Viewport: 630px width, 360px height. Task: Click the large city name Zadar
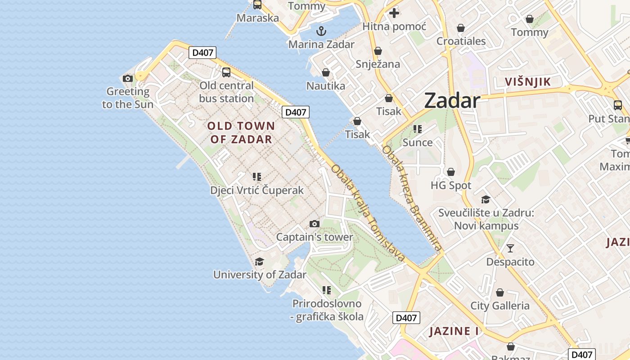tap(452, 100)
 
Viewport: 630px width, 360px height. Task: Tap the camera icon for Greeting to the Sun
tap(128, 79)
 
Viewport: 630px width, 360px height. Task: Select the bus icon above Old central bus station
tap(226, 72)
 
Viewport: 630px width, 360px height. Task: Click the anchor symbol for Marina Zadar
tap(321, 31)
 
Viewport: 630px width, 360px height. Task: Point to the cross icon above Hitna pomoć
tap(394, 13)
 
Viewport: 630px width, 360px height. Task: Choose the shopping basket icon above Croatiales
tap(461, 28)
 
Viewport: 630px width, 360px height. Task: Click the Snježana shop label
tap(378, 64)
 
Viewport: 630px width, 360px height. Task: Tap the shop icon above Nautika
tap(326, 72)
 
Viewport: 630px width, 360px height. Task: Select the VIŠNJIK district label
tap(528, 81)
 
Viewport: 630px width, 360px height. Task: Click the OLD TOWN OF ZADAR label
tap(241, 132)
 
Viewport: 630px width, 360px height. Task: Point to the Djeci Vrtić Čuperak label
tap(257, 190)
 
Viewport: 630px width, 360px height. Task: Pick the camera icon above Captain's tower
tap(315, 224)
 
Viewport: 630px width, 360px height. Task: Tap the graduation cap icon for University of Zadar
tap(259, 261)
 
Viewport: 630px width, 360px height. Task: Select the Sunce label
tap(417, 143)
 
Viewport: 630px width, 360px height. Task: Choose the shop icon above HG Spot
tap(451, 172)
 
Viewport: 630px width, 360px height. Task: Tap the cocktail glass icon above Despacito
tap(510, 248)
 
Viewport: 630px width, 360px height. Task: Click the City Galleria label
tap(499, 306)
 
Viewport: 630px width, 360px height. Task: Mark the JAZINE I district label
tap(454, 331)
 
